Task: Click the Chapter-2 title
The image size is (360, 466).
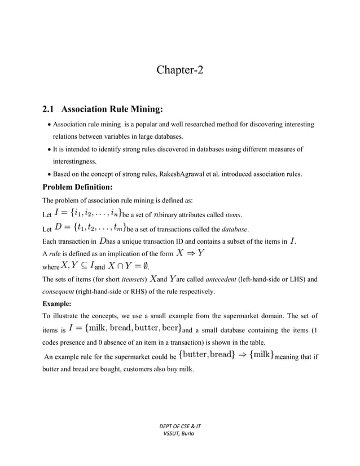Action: click(179, 71)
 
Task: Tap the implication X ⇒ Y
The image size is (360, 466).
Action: click(190, 253)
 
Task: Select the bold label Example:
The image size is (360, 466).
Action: click(59, 305)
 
